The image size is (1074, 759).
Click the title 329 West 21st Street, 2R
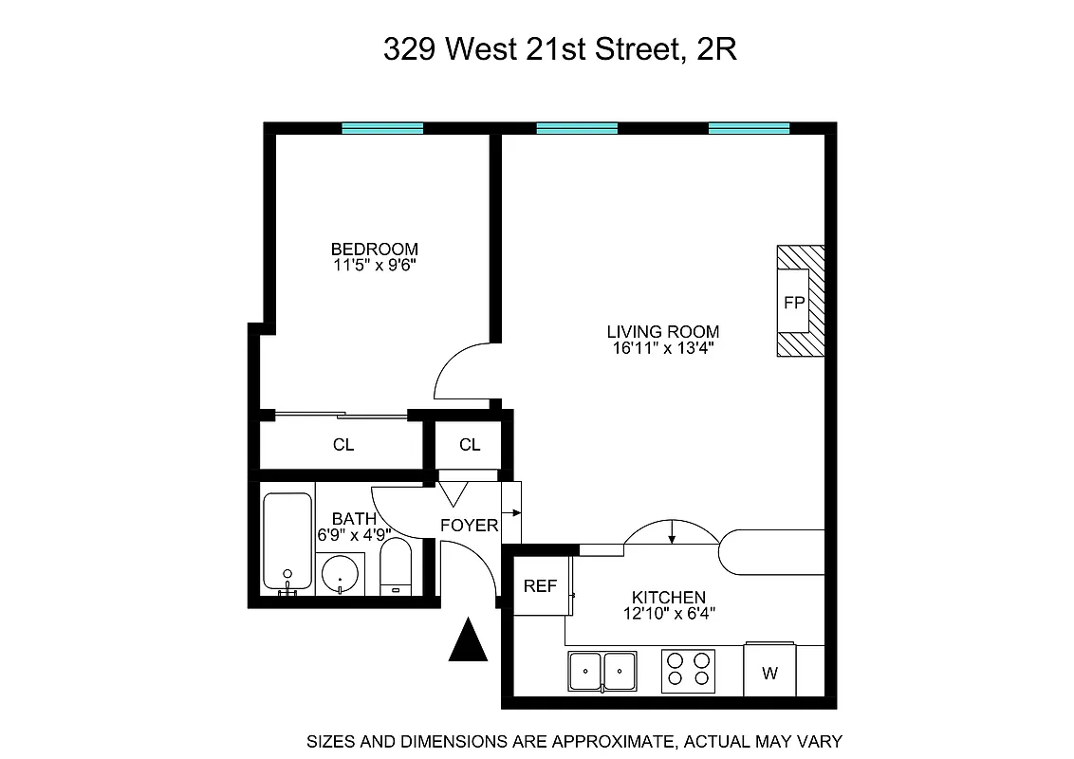(x=560, y=49)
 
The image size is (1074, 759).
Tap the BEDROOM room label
(x=374, y=250)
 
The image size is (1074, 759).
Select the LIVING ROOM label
(x=662, y=331)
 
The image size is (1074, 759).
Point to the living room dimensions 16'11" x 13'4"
(x=662, y=348)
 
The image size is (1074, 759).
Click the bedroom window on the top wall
(x=382, y=128)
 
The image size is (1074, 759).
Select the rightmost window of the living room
(x=749, y=128)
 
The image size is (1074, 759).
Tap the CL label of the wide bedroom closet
(x=343, y=445)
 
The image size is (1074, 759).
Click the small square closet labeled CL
(x=470, y=445)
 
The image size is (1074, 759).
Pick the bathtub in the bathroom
(x=287, y=542)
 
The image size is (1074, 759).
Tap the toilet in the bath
(x=396, y=567)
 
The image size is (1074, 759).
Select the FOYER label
(x=469, y=525)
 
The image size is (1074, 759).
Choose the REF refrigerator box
(x=541, y=586)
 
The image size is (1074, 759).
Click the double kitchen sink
(x=602, y=673)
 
